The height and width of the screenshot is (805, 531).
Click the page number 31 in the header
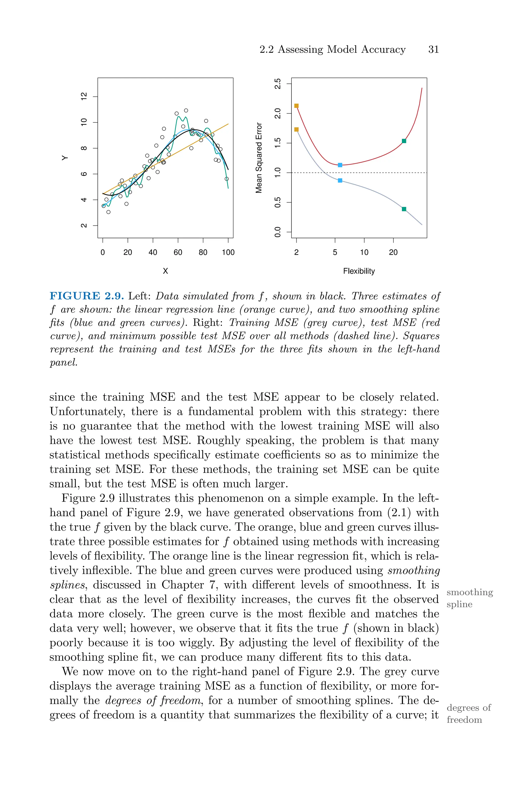pos(434,50)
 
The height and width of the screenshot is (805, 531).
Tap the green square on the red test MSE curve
pos(404,141)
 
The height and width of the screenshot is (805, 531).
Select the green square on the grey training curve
pos(404,209)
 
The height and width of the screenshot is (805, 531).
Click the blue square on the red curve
pos(340,165)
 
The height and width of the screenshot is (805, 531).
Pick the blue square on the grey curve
pos(340,180)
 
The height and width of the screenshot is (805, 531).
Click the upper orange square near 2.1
pos(296,106)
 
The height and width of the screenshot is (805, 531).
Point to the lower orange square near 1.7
pos(296,129)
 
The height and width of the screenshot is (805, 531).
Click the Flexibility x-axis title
pos(359,271)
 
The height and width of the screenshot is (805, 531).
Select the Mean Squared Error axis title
pos(259,158)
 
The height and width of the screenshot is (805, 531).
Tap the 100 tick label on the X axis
pos(228,252)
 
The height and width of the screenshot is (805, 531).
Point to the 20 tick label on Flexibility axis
pos(393,252)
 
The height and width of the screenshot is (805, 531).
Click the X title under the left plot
pos(165,271)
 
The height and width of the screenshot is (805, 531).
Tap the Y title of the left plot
pos(65,158)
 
